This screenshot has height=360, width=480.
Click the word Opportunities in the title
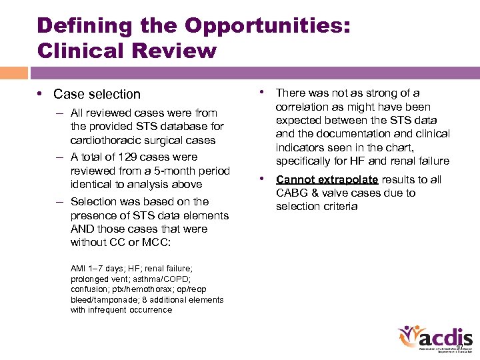point(267,25)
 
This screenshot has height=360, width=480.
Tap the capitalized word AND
point(85,229)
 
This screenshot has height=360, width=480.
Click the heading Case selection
point(97,94)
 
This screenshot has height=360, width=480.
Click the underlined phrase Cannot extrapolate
point(327,179)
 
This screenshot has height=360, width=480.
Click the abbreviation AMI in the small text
point(79,269)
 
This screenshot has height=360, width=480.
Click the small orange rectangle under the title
point(13,73)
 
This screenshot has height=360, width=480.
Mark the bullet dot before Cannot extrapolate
point(264,179)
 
